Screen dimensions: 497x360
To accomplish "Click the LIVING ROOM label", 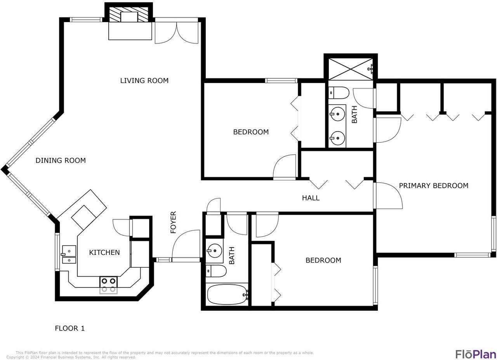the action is click(x=144, y=80).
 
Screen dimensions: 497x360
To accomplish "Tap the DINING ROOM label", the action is click(x=61, y=161).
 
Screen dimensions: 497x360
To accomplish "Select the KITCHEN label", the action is click(x=104, y=253).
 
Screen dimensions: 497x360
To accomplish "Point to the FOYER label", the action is click(x=173, y=222).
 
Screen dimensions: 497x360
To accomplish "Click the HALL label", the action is click(x=311, y=198).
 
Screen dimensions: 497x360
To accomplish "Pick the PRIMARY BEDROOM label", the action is click(x=434, y=185).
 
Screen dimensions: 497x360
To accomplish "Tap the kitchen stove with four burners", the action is click(x=108, y=285).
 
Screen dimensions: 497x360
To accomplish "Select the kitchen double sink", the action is click(x=69, y=254).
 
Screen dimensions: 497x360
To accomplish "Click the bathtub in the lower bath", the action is click(x=228, y=295).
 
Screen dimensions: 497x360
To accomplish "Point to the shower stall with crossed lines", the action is click(x=351, y=69).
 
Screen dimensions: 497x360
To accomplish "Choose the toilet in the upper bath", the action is click(x=339, y=93).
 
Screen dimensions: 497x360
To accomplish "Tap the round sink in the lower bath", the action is click(x=214, y=251).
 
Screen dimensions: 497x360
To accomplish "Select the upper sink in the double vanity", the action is click(x=337, y=114).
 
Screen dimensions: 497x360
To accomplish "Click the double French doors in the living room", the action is click(x=176, y=33).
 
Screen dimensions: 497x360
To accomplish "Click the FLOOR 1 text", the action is click(x=70, y=328).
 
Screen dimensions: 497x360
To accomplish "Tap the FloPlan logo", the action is click(x=476, y=354).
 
